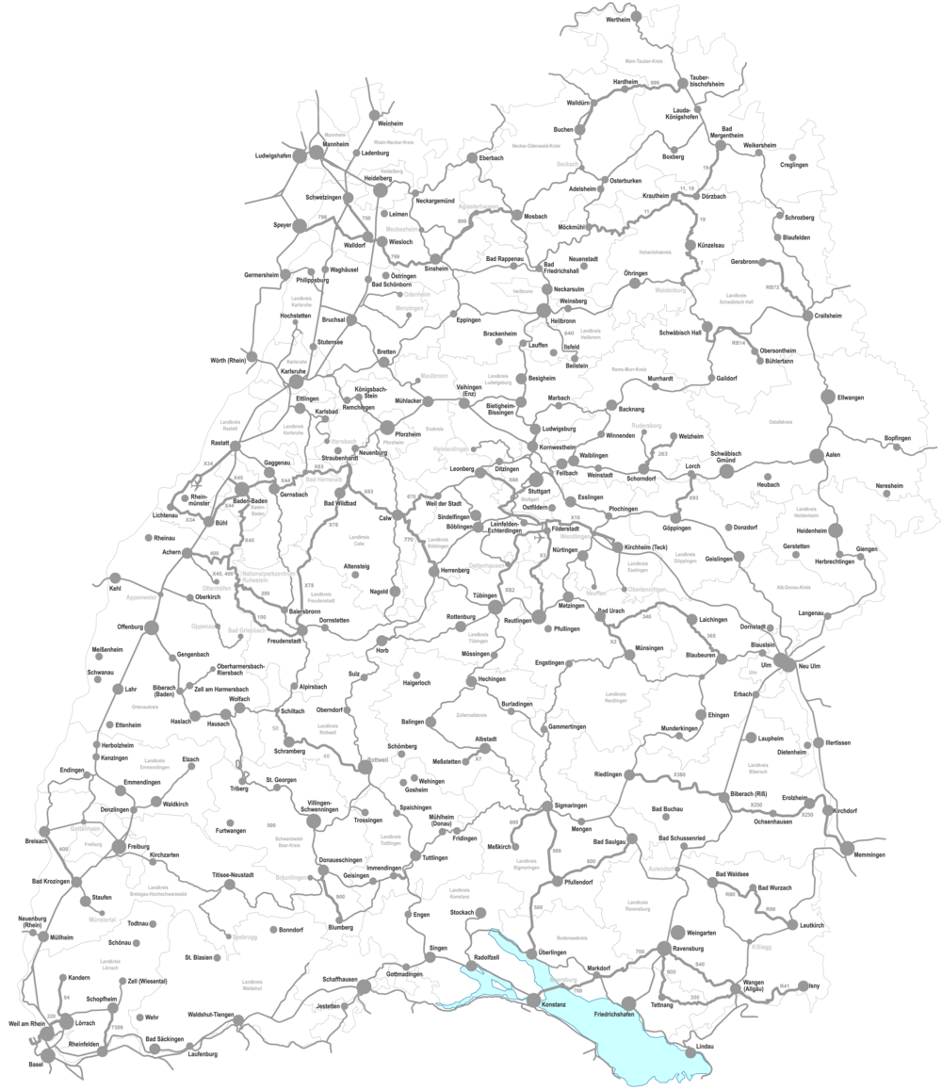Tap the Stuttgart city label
(539, 492)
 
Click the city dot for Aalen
(815, 456)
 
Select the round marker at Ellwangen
(828, 398)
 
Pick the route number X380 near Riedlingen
(681, 775)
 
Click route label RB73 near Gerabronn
(772, 286)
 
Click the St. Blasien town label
(201, 960)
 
